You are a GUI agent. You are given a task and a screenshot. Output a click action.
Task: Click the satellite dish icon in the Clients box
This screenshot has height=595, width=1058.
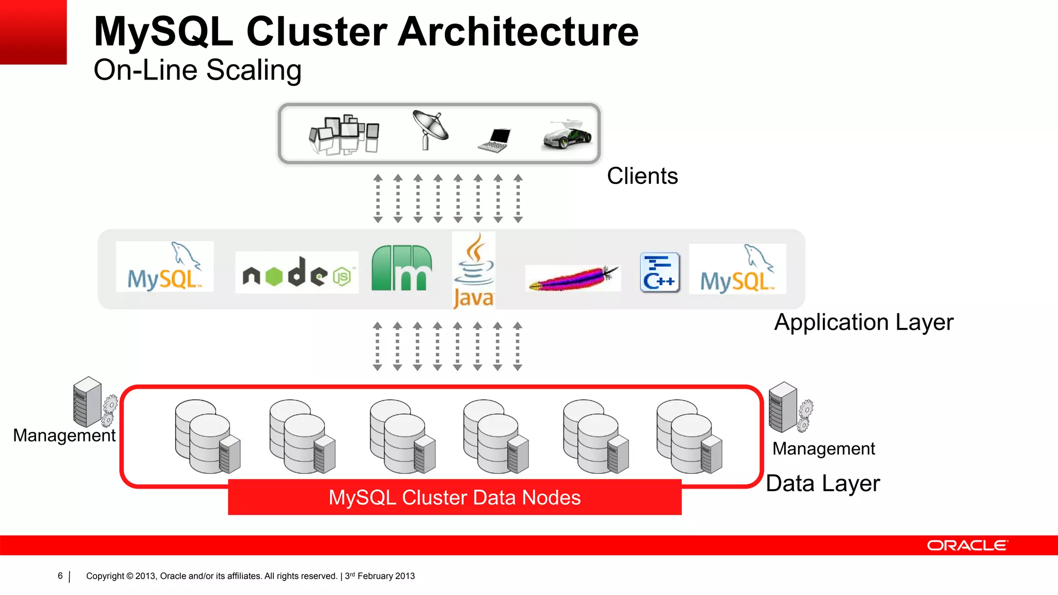click(430, 130)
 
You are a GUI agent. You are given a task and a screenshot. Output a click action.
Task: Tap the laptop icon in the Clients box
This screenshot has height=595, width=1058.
click(495, 140)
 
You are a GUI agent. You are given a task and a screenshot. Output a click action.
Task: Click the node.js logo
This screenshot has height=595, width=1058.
click(297, 273)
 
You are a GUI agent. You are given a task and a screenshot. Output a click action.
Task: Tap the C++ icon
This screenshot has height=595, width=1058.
click(660, 273)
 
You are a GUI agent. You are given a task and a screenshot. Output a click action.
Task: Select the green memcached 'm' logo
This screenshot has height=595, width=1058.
click(401, 268)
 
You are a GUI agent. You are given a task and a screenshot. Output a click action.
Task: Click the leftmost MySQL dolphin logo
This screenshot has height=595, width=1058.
click(165, 267)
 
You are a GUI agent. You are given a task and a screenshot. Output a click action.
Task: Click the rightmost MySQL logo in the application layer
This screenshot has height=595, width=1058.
click(737, 269)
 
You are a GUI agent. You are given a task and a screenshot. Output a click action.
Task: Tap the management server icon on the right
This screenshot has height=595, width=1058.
click(789, 408)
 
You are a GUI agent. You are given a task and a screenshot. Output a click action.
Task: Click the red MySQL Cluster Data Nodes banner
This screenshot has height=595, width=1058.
click(455, 497)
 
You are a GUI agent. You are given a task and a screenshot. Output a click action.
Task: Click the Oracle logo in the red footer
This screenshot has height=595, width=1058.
click(967, 545)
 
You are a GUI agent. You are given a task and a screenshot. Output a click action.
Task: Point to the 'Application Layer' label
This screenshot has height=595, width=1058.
click(863, 322)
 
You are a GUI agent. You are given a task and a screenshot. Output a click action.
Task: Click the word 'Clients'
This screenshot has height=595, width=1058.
click(642, 176)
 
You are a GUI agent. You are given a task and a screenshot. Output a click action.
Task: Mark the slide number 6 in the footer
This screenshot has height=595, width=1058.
click(60, 576)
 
